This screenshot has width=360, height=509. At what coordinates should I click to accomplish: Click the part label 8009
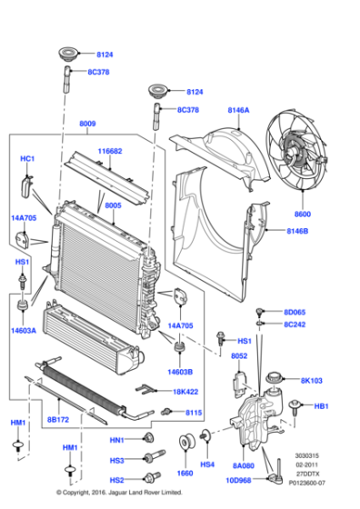tap(87, 124)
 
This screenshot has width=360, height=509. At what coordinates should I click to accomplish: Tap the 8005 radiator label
tap(113, 206)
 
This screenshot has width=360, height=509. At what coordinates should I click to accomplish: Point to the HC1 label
tap(26, 159)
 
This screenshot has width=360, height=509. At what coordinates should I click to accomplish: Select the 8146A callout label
tap(238, 110)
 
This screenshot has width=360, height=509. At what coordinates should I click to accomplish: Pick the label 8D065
tap(294, 311)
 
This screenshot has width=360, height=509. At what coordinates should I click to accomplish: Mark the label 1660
tap(185, 474)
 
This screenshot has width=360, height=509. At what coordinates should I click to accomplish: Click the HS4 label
tap(208, 465)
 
